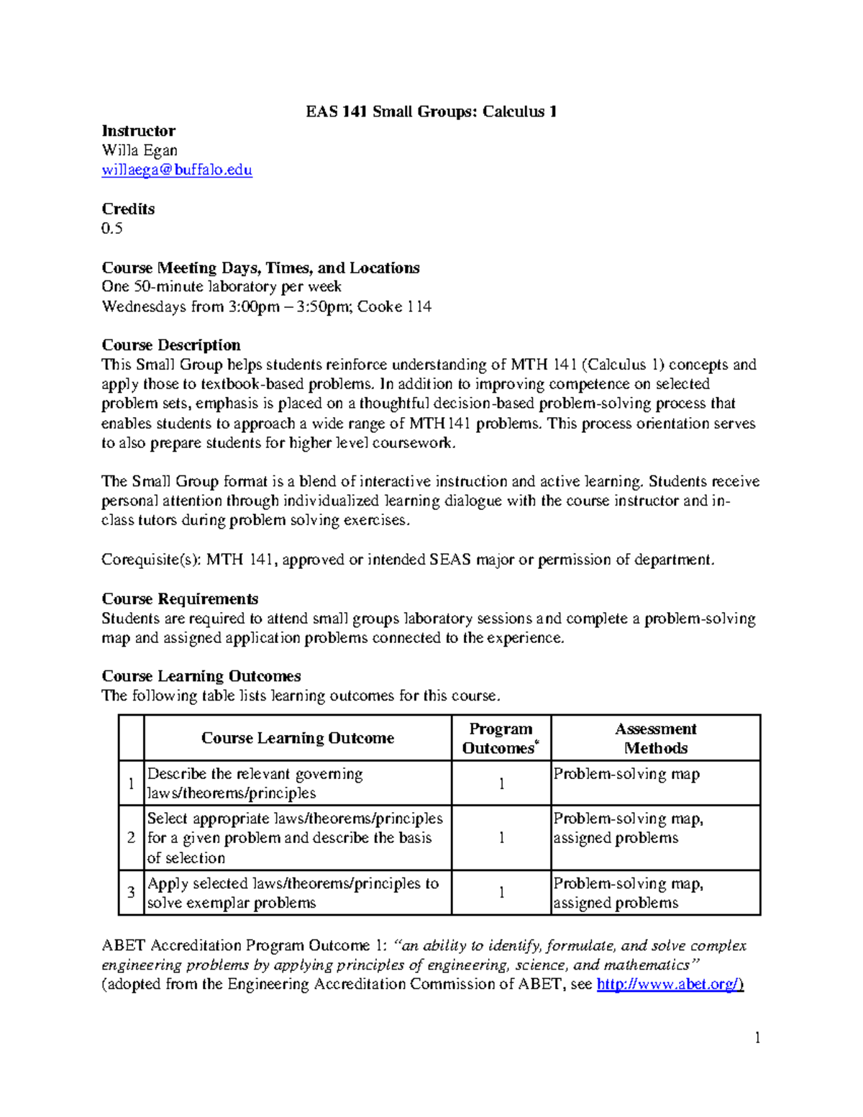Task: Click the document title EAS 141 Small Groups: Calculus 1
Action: click(x=431, y=111)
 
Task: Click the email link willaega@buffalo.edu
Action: click(x=177, y=170)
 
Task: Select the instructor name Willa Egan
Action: click(x=140, y=150)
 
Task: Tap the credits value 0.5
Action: click(x=112, y=229)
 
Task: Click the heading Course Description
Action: click(x=171, y=345)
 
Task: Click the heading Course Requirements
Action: click(x=180, y=598)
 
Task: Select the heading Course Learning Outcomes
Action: click(x=201, y=676)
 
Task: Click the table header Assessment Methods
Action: click(x=655, y=738)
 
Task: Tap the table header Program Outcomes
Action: click(x=501, y=738)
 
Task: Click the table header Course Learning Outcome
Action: click(x=297, y=738)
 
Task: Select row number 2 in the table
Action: click(x=131, y=838)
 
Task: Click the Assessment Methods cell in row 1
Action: click(x=626, y=775)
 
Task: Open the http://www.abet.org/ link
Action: click(x=670, y=985)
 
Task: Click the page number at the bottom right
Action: click(x=757, y=1037)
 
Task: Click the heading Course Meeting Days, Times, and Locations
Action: click(x=260, y=268)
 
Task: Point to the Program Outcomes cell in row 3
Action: click(x=501, y=893)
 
